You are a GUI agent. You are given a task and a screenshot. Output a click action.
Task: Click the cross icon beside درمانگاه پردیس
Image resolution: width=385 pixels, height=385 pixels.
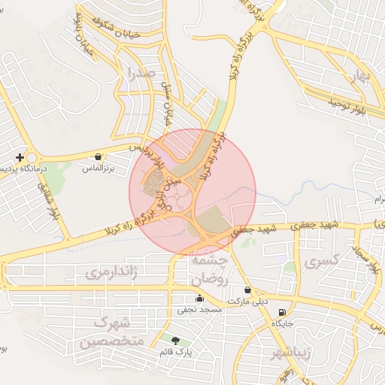pos(20,157)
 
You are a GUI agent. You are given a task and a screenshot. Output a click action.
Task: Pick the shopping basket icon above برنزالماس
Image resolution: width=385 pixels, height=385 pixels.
pos(99,156)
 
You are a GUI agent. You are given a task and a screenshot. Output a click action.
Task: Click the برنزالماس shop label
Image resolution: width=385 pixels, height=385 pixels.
pos(98,169)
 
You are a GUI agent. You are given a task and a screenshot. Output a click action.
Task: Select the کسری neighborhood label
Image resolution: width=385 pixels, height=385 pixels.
pos(324,262)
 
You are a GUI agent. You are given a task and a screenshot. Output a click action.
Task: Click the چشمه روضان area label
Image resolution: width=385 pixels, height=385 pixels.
pos(208,268)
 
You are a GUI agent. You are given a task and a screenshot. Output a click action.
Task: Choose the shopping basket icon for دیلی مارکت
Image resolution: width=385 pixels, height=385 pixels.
pos(248,290)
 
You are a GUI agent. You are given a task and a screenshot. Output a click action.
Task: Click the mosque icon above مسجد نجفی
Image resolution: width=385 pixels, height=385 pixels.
pos(199,298)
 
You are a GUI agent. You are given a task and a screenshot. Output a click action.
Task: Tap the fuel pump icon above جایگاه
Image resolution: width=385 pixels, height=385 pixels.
pos(282,312)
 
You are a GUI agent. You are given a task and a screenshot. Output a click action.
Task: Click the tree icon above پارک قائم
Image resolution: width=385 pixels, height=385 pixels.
pos(176,340)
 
